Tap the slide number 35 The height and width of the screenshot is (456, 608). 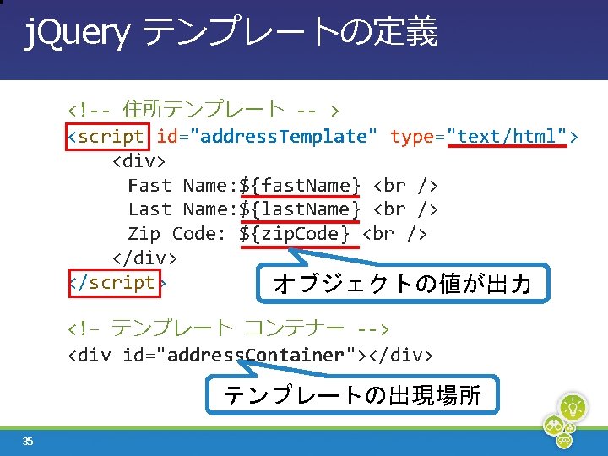28,441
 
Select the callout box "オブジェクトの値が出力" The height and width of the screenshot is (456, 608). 403,285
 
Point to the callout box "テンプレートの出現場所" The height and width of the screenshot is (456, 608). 352,395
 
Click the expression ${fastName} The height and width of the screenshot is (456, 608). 300,185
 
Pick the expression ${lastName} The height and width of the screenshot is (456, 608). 300,209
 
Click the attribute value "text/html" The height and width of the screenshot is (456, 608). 507,136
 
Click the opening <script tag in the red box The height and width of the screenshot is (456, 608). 107,136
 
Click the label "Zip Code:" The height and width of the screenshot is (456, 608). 176,233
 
